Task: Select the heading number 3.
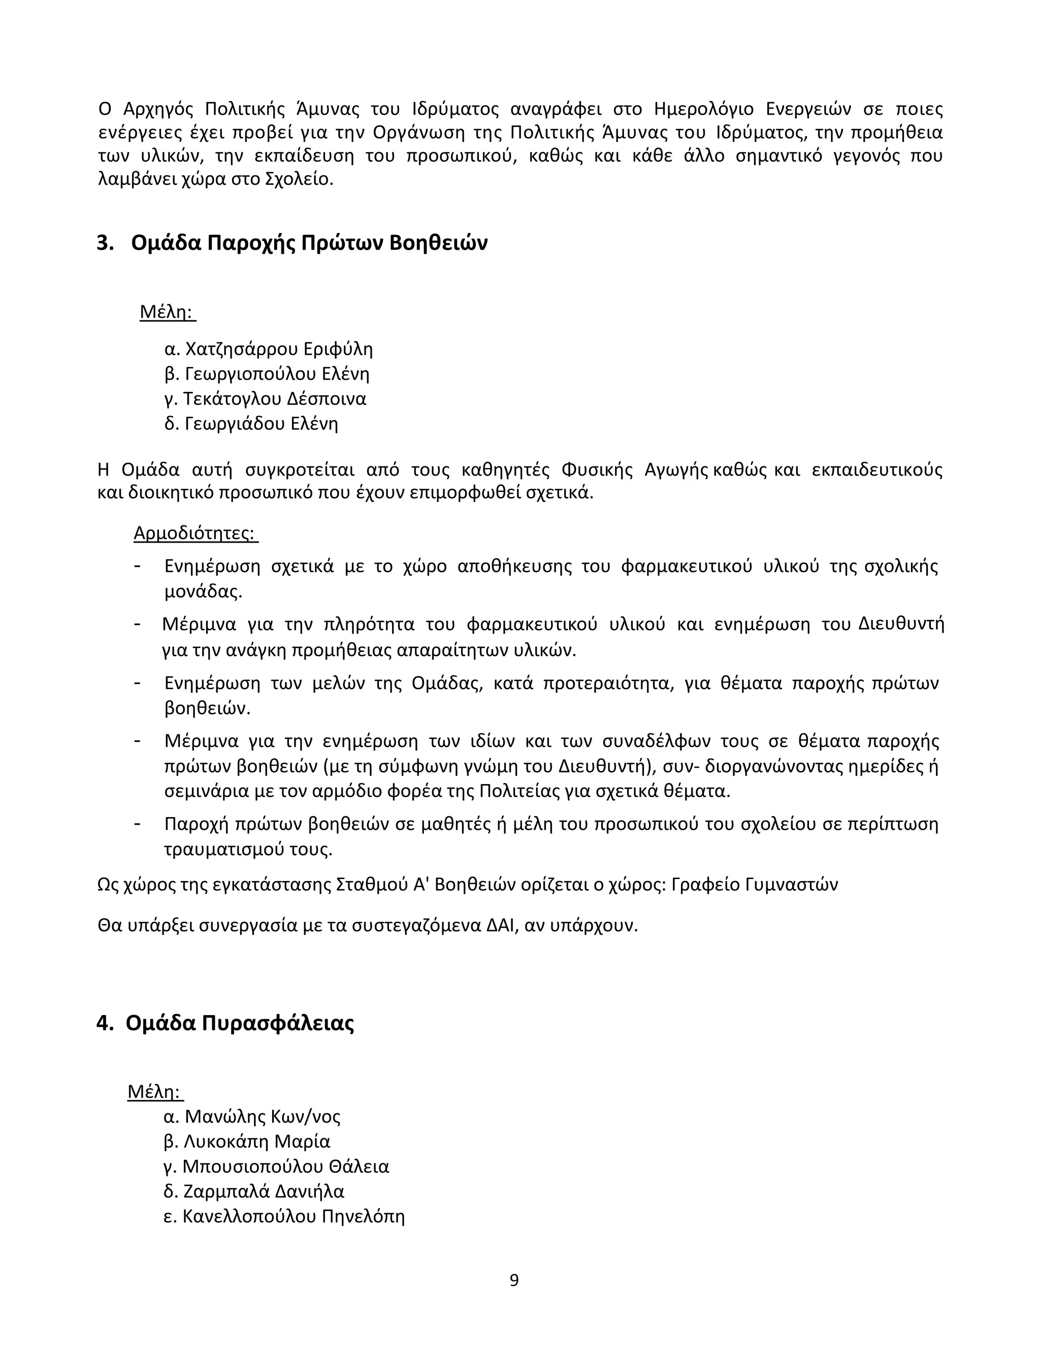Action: pos(105,243)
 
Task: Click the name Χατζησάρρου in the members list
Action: pos(235,349)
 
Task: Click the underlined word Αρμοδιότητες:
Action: pos(196,533)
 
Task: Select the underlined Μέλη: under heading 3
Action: pos(167,312)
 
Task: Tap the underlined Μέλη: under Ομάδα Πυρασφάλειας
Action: pos(155,1092)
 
